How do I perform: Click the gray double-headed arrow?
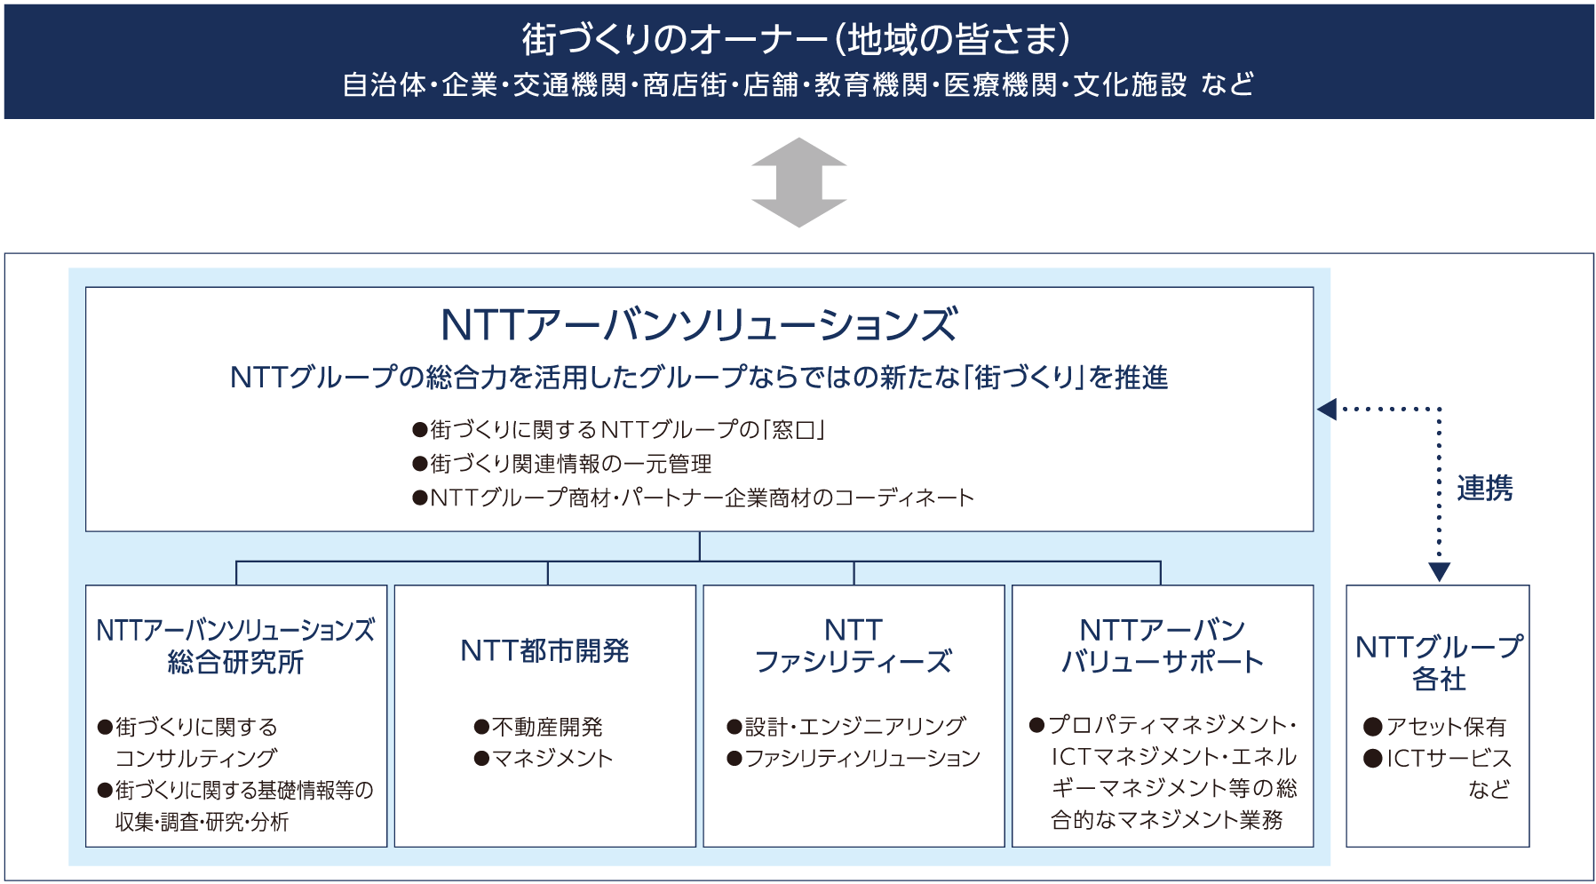(798, 182)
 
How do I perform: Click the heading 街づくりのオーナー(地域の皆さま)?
(796, 39)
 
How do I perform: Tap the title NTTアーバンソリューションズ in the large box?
(699, 324)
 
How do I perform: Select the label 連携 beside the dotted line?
(1484, 488)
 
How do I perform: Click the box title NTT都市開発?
(544, 651)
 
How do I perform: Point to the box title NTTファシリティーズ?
(853, 646)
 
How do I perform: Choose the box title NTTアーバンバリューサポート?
(1162, 646)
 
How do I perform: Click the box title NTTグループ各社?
(1439, 663)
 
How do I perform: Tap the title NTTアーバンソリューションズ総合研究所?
(235, 646)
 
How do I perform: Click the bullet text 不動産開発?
(547, 727)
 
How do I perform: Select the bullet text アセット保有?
(1447, 727)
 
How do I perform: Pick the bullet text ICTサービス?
(1449, 758)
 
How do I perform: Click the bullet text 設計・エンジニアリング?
(855, 727)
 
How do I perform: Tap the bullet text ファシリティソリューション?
(862, 758)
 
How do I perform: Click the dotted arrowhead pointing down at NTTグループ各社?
(1439, 572)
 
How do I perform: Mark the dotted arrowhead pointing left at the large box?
(1327, 410)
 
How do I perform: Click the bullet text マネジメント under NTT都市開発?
(552, 758)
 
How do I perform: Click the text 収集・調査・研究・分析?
(202, 822)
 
